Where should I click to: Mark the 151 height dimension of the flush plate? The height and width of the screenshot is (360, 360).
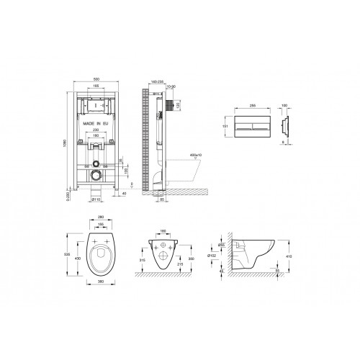coord(225,124)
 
